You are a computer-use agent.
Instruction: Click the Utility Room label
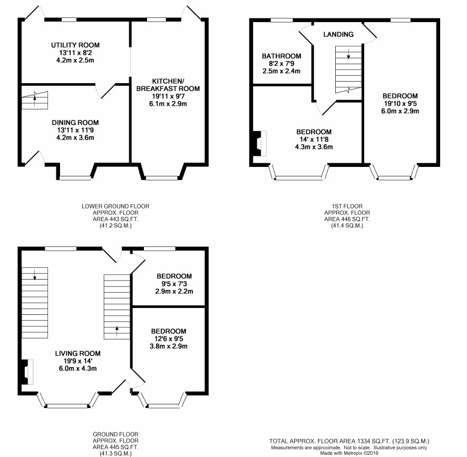(75, 45)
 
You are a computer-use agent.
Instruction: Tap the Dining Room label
(75, 123)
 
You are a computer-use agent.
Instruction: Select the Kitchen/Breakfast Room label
(168, 85)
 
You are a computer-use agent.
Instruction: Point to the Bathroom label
(281, 56)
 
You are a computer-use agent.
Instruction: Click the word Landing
(338, 35)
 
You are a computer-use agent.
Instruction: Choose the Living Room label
(77, 353)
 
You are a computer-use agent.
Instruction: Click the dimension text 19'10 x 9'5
(400, 104)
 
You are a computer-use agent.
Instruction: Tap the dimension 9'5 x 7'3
(174, 284)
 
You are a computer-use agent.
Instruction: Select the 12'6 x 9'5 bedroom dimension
(169, 339)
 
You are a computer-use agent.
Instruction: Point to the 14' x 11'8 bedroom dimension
(314, 140)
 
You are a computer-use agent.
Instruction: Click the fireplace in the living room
(27, 372)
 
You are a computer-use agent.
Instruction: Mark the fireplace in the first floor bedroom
(259, 143)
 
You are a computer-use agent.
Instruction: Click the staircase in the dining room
(35, 100)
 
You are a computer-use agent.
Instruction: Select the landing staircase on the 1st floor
(348, 69)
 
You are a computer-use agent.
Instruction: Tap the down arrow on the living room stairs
(35, 275)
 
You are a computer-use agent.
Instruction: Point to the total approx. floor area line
(349, 441)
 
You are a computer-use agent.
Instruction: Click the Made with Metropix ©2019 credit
(349, 453)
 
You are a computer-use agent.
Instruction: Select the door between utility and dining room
(105, 91)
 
